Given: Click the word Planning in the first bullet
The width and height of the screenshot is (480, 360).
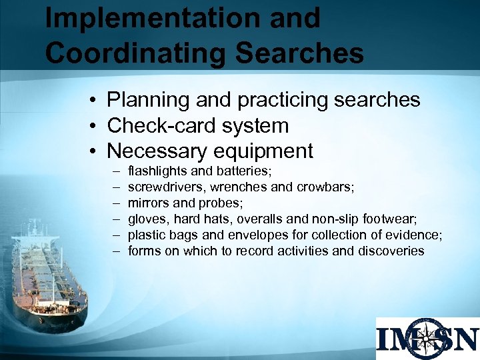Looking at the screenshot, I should pos(148,100).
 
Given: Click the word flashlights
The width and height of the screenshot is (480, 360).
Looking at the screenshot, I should pos(157,171).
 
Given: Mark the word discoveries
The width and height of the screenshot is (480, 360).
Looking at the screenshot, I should pos(391,251).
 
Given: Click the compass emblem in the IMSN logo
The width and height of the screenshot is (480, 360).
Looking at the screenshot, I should pos(429,339).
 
